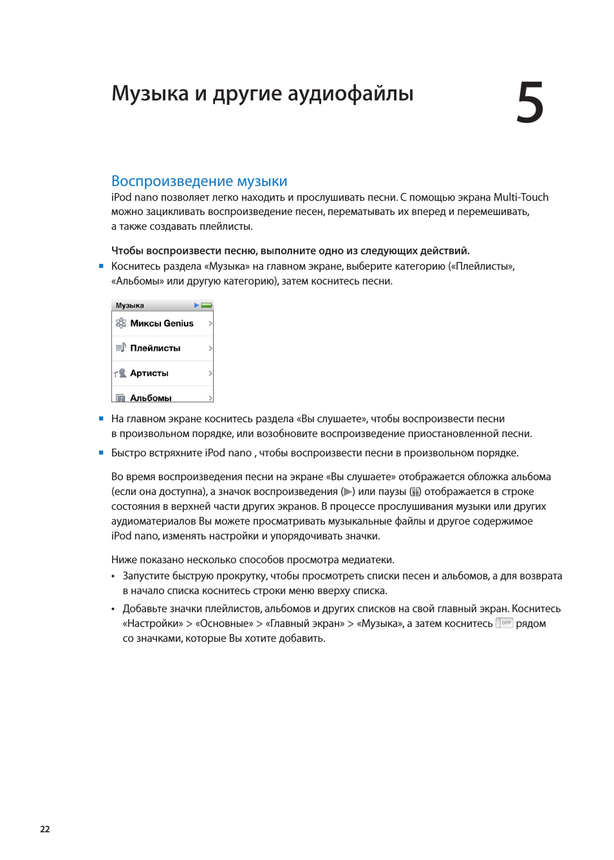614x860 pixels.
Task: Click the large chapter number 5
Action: tap(530, 103)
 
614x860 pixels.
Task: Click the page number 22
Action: tap(45, 829)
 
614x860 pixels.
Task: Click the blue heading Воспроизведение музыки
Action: tap(199, 181)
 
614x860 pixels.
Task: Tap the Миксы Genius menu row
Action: tap(162, 323)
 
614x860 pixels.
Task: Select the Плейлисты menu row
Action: tap(162, 348)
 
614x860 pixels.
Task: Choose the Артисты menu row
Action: tap(162, 373)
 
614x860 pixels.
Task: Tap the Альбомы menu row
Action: tap(162, 397)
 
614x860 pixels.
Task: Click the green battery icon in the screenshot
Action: tap(207, 305)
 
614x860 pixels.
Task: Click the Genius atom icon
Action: tap(121, 323)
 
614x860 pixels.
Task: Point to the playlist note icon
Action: tap(121, 348)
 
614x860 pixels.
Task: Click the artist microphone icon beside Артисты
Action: tap(121, 373)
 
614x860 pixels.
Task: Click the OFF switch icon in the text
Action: tap(505, 623)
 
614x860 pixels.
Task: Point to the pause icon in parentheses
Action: tap(416, 492)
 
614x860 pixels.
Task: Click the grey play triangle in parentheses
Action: tap(348, 492)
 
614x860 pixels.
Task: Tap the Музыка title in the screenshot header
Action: tap(130, 306)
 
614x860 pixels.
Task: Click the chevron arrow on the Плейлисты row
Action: tap(210, 348)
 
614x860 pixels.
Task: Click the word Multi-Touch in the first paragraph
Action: tap(521, 197)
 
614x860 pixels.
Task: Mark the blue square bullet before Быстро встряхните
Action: tap(101, 453)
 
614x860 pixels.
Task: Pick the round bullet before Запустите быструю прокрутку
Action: tap(113, 577)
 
